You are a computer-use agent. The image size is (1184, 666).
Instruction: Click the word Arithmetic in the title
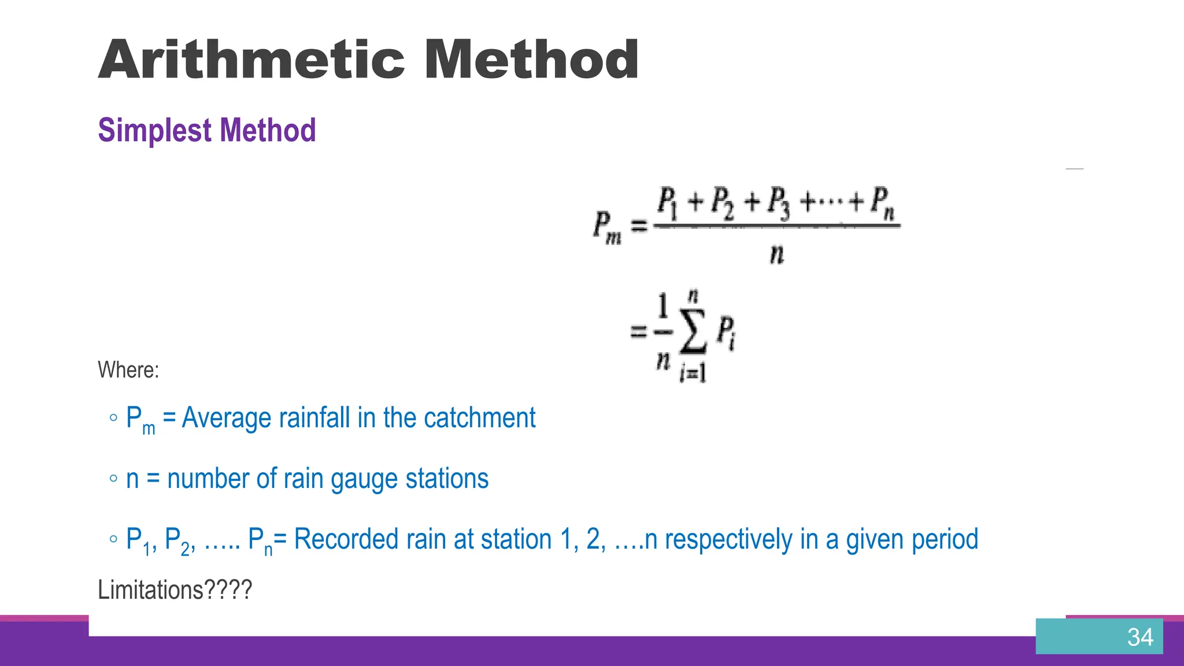pyautogui.click(x=251, y=60)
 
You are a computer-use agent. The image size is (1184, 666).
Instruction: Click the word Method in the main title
pyautogui.click(x=531, y=60)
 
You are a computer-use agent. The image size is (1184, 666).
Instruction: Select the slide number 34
pyautogui.click(x=1139, y=637)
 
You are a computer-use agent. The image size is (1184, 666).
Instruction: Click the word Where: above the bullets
pyautogui.click(x=128, y=370)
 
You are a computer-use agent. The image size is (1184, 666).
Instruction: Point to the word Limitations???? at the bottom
pyautogui.click(x=175, y=590)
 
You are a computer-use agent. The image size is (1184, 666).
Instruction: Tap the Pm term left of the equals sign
pyautogui.click(x=606, y=227)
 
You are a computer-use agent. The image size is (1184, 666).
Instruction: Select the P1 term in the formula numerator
pyautogui.click(x=667, y=203)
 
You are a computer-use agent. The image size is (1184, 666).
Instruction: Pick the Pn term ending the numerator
pyautogui.click(x=882, y=203)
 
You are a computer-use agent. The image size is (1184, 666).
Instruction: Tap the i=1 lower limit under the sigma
pyautogui.click(x=693, y=373)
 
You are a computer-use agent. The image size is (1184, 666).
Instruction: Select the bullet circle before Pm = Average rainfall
pyautogui.click(x=113, y=418)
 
